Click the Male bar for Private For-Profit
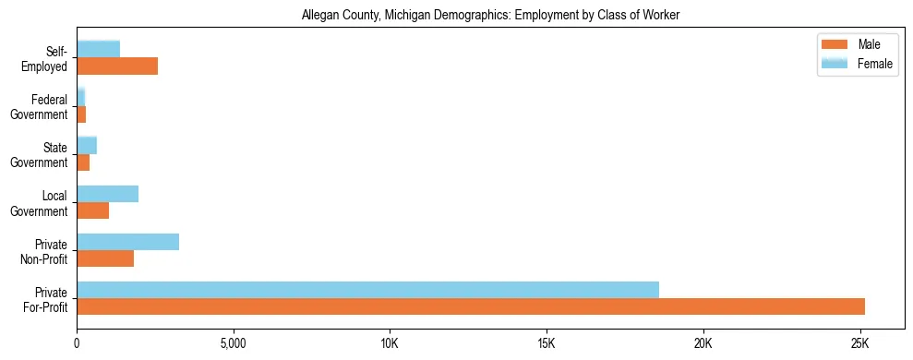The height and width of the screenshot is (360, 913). [471, 306]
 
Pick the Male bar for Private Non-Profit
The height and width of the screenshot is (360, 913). [105, 259]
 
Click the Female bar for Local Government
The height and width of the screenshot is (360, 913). [107, 194]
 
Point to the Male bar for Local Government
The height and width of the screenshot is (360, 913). [92, 210]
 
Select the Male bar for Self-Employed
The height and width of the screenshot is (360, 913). [117, 66]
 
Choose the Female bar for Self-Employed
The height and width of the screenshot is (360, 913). [98, 49]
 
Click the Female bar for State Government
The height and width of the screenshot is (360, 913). [87, 145]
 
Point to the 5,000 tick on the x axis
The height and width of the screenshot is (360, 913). [234, 343]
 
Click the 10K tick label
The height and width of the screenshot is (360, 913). [390, 343]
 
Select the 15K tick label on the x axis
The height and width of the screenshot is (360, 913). [547, 343]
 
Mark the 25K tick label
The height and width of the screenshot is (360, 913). [859, 343]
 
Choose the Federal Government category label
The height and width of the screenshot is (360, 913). [40, 106]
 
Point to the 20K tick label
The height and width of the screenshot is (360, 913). [703, 343]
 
